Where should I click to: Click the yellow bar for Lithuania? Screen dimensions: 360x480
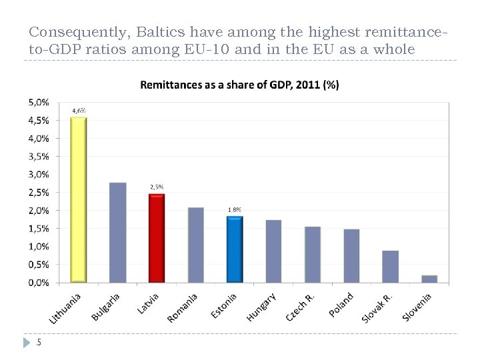pos(79,199)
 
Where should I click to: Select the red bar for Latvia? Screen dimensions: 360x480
pos(157,238)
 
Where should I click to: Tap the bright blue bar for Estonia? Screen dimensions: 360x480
pos(235,249)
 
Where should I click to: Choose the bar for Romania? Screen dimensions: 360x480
pos(196,245)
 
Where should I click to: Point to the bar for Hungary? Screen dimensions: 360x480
pos(273,251)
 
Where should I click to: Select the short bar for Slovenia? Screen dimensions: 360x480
pos(429,279)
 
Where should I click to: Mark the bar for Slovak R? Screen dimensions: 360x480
pos(391,266)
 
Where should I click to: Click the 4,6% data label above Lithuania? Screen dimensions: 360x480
pos(79,111)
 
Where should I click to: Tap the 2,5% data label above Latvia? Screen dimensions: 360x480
pos(157,187)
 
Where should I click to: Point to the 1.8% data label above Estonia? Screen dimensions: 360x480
pos(235,209)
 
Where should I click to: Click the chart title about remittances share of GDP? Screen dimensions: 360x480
pos(239,85)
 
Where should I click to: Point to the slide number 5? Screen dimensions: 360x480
pos(39,343)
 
